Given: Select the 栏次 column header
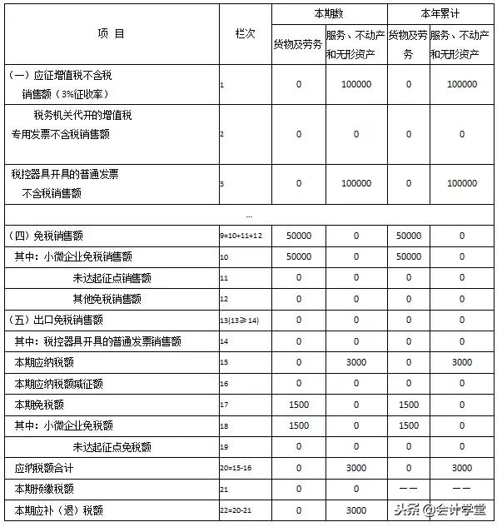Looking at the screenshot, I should pos(244,34).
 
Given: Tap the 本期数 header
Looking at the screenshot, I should pos(329,13).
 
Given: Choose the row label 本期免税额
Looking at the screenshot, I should pos(34,405).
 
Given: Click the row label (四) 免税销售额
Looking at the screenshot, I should pos(50,236).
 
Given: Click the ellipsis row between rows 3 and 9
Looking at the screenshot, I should pos(248,216).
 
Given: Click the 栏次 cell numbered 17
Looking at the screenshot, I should pos(223,405).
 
